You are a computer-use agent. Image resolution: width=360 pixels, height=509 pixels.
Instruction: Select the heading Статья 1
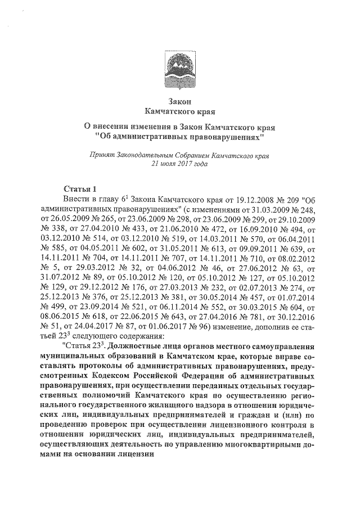tap(81, 188)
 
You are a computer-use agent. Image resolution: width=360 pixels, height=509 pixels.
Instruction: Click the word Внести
tap(78, 199)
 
